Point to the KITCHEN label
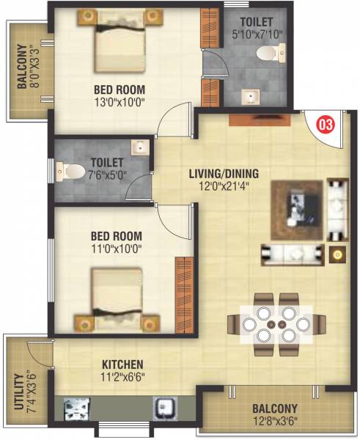coord(122,364)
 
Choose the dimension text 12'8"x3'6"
coord(275,420)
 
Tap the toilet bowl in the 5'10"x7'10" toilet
coord(279,51)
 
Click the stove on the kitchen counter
coord(76,407)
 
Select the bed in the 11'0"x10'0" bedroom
coord(117,298)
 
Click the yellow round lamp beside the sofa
coord(337,255)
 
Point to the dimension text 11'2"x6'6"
coord(122,377)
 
